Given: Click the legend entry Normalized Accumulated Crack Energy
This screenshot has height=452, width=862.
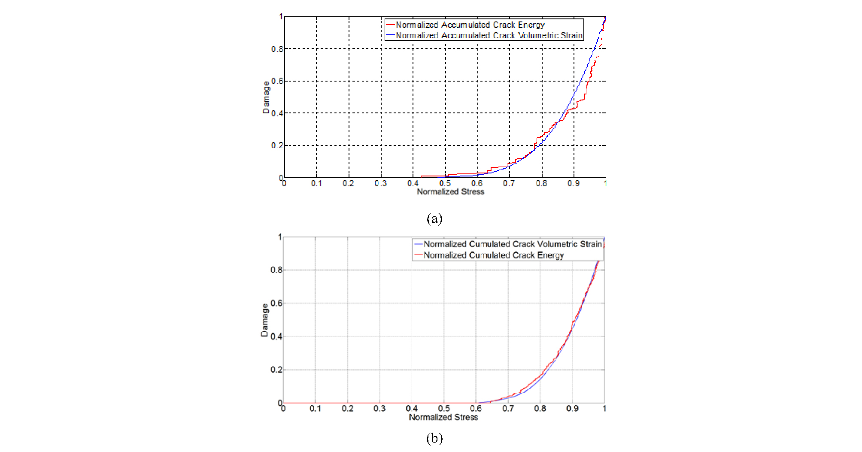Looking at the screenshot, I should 470,25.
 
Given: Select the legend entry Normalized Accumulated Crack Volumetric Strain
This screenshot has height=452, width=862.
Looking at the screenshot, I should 489,35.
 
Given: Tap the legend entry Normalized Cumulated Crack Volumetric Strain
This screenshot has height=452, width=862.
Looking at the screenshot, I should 512,244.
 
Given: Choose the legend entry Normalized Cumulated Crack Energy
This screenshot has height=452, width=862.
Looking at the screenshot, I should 493,255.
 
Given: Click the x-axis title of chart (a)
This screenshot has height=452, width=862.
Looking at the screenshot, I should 450,191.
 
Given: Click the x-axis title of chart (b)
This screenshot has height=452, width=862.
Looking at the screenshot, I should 443,417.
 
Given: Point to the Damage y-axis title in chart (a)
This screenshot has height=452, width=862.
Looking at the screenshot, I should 266,97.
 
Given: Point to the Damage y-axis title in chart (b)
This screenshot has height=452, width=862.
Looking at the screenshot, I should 264,320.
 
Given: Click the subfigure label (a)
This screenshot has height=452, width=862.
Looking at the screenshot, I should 434,219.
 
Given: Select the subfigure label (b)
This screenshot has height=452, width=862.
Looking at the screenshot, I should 434,438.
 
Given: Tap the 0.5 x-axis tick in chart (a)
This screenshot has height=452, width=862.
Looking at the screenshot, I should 445,183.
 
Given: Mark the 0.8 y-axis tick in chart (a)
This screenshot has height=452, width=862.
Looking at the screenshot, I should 277,49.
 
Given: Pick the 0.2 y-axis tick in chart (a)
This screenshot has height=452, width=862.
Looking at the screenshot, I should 277,146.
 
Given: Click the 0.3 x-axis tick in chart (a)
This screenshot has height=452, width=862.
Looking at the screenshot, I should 380,183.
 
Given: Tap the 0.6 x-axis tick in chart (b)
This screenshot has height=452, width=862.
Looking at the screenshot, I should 476,409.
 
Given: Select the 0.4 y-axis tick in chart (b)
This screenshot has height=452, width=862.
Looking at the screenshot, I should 276,337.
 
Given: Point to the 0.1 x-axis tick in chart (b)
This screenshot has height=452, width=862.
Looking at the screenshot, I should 315,409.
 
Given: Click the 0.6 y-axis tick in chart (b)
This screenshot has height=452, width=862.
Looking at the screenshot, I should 276,303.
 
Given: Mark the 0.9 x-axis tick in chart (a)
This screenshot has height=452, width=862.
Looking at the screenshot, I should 574,183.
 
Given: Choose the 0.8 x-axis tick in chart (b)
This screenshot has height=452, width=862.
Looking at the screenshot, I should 540,409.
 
